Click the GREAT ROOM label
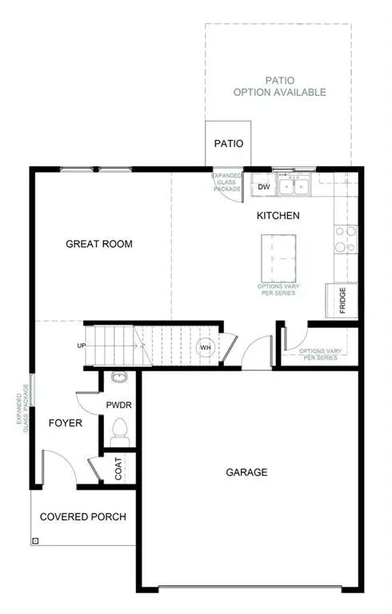(x=99, y=244)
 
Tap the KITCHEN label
(x=278, y=216)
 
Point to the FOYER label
(x=65, y=423)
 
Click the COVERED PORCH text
(x=83, y=517)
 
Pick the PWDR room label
(x=118, y=405)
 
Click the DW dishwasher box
(x=264, y=187)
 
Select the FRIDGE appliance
(x=341, y=300)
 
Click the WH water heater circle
(x=205, y=347)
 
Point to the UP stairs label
(x=82, y=346)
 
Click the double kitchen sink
(x=294, y=186)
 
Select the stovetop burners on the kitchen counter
(x=346, y=239)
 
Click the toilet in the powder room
(x=120, y=430)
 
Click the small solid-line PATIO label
(x=228, y=144)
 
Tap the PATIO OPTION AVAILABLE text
(x=279, y=86)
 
